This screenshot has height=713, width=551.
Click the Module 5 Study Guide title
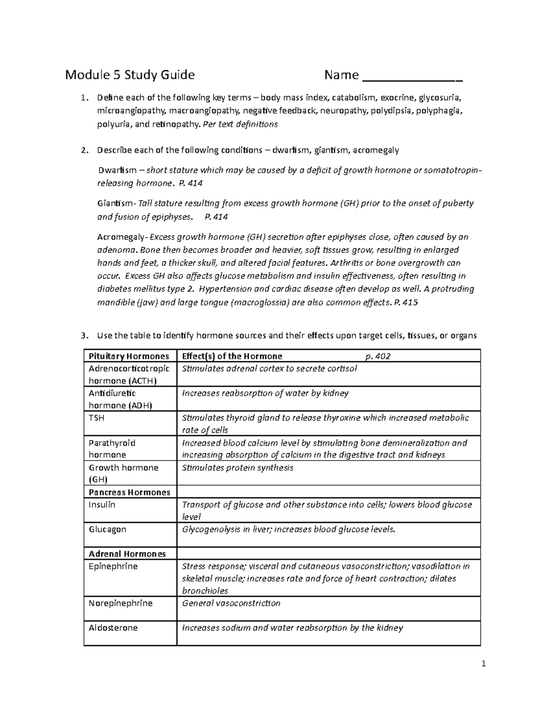pyautogui.click(x=130, y=75)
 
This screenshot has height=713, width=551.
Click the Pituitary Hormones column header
pyautogui.click(x=129, y=356)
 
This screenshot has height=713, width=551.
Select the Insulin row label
pyautogui.click(x=102, y=505)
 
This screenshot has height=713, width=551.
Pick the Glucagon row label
pyautogui.click(x=107, y=529)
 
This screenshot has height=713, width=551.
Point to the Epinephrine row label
pyautogui.click(x=113, y=566)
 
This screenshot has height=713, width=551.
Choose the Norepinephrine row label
pyautogui.click(x=120, y=603)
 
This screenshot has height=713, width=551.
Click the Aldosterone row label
pyautogui.click(x=113, y=628)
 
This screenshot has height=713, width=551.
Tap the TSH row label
pyautogui.click(x=96, y=418)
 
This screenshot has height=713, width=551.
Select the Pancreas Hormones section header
pyautogui.click(x=129, y=492)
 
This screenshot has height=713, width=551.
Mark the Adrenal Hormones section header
pyautogui.click(x=127, y=554)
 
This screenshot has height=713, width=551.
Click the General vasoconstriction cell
pyautogui.click(x=231, y=603)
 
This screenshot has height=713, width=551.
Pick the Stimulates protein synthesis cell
pyautogui.click(x=237, y=468)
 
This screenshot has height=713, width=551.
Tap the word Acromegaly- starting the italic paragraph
pyautogui.click(x=122, y=237)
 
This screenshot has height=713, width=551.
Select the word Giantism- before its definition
pyautogui.click(x=117, y=203)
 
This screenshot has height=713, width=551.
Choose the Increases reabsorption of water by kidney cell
pyautogui.click(x=265, y=393)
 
